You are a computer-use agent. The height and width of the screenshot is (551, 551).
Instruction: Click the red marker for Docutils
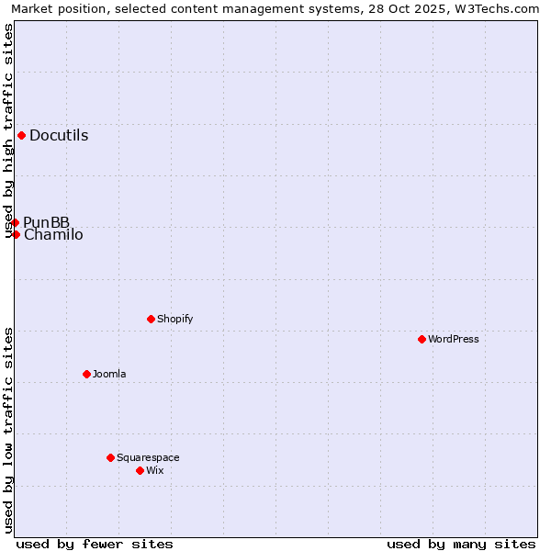pyautogui.click(x=21, y=135)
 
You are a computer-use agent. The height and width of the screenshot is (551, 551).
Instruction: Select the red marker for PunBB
pyautogui.click(x=15, y=222)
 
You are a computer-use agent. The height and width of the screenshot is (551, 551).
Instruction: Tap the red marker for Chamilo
pyautogui.click(x=16, y=234)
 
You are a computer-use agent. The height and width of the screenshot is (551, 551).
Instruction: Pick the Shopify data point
pyautogui.click(x=151, y=319)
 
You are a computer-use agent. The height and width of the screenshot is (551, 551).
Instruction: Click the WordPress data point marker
pyautogui.click(x=422, y=339)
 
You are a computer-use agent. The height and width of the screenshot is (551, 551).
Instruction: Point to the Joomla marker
pyautogui.click(x=86, y=374)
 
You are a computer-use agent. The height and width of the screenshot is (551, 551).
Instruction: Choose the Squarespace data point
pyautogui.click(x=110, y=457)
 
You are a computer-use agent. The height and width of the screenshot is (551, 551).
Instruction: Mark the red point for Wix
pyautogui.click(x=140, y=470)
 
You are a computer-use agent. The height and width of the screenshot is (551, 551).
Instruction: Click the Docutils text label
pyautogui.click(x=59, y=136)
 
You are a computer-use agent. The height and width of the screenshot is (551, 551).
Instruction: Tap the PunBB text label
pyautogui.click(x=46, y=222)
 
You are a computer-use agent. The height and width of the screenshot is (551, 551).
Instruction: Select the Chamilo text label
pyautogui.click(x=53, y=235)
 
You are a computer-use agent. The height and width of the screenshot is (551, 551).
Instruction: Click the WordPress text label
pyautogui.click(x=453, y=340)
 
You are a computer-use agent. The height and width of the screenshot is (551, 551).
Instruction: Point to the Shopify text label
pyautogui.click(x=174, y=320)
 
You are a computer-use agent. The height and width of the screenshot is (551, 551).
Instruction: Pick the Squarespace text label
pyautogui.click(x=148, y=458)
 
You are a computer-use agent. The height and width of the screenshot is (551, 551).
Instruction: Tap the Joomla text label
pyautogui.click(x=109, y=375)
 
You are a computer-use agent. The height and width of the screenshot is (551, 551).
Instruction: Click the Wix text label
pyautogui.click(x=154, y=471)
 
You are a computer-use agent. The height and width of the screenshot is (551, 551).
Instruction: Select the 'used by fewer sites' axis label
pyautogui.click(x=95, y=544)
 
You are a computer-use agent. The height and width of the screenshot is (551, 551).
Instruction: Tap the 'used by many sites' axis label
pyautogui.click(x=461, y=544)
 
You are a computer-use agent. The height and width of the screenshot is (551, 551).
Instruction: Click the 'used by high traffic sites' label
pyautogui.click(x=9, y=130)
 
